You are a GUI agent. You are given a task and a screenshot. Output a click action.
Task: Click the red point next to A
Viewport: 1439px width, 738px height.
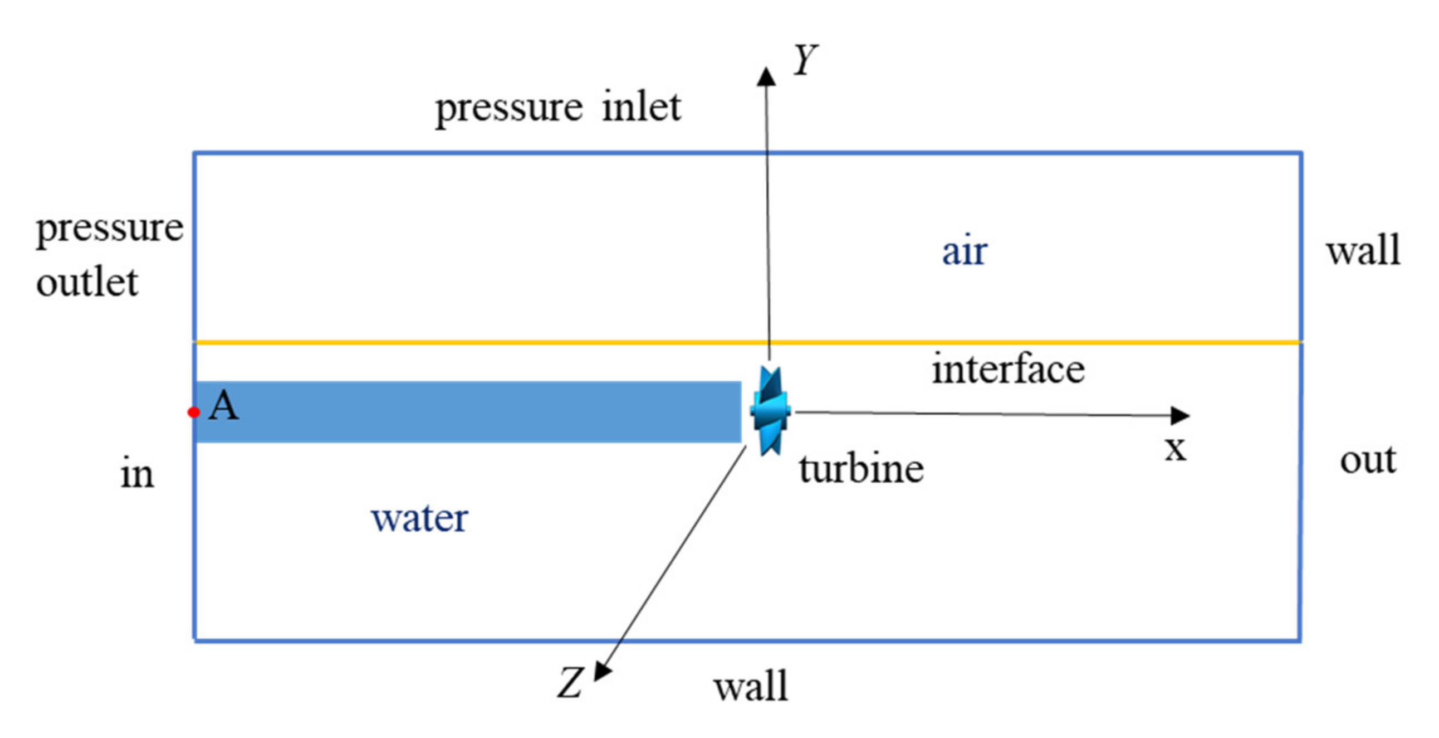194,412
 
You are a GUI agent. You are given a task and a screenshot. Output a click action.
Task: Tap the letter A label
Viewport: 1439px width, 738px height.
223,405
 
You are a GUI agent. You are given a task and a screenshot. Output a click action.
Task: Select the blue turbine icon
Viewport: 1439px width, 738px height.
770,411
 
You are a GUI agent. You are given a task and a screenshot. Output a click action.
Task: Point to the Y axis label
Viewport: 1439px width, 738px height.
805,60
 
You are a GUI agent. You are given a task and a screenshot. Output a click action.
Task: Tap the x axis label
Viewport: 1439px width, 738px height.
1176,448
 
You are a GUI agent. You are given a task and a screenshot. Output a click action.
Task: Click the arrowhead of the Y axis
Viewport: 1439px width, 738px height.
766,76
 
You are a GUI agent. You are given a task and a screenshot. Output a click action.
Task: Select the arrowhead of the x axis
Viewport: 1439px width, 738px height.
1180,415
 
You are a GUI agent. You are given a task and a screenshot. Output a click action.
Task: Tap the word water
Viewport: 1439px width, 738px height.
419,518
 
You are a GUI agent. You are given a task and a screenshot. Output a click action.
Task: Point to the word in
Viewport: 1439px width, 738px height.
137,474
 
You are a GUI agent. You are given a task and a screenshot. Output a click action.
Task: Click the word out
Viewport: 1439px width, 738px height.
1368,460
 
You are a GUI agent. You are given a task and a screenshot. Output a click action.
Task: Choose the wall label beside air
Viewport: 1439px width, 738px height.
1364,250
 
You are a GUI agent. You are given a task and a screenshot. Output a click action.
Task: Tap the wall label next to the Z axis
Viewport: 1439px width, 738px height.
751,686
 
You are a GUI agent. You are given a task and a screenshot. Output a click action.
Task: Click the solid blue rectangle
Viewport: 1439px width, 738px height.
468,412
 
